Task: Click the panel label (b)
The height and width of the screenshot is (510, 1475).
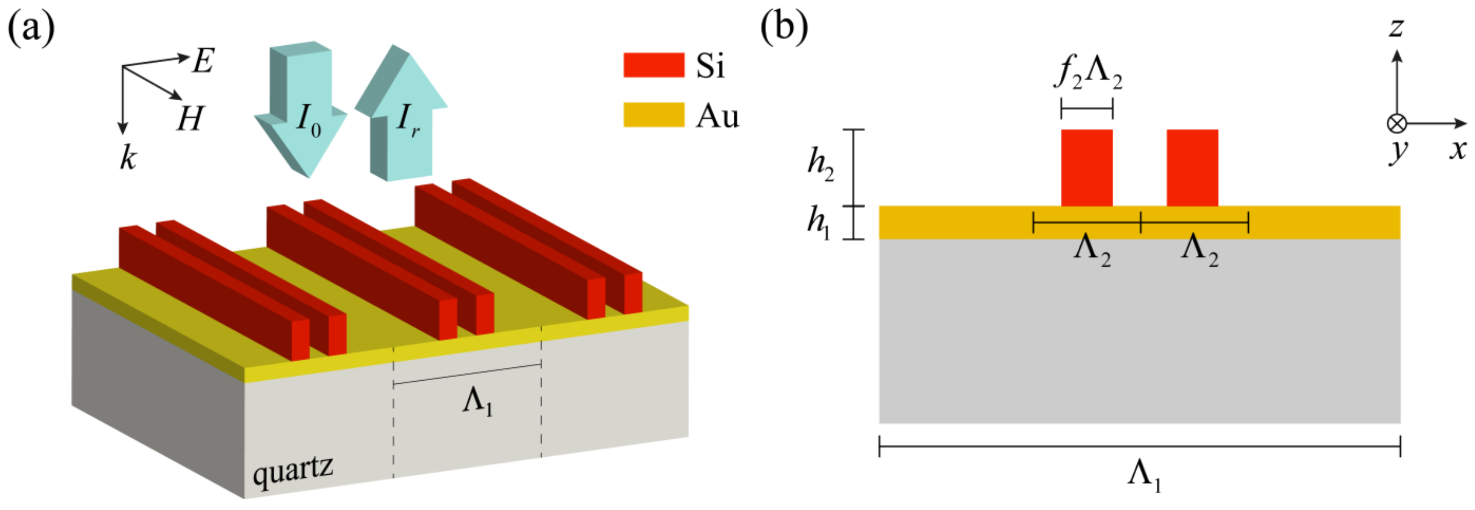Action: pos(783,29)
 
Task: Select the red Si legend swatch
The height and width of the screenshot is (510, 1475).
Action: pos(653,65)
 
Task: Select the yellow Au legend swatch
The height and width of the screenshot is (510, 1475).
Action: pos(653,115)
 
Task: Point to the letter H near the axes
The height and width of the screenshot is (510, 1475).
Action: pos(190,119)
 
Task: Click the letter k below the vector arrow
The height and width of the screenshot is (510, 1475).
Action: pos(128,157)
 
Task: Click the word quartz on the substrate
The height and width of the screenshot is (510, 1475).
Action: pos(293,472)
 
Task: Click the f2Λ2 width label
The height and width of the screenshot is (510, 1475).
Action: pos(1088,74)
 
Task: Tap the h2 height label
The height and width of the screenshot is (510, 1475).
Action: pos(820,164)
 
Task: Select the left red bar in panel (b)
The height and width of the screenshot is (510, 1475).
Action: pos(1086,167)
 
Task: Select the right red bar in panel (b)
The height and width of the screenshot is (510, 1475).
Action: pos(1192,167)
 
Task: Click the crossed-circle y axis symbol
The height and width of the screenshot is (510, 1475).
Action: pos(1397,123)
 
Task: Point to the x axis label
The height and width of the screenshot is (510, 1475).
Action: pos(1458,150)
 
